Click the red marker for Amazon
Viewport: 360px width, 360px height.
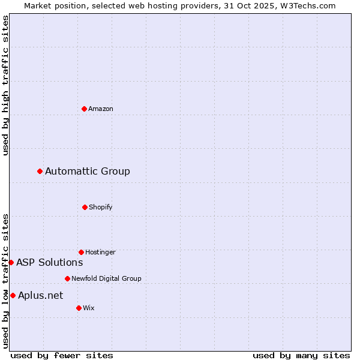(84, 109)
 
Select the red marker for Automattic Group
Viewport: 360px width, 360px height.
(40, 172)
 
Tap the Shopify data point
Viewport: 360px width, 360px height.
(85, 207)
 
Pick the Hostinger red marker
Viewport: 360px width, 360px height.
(81, 252)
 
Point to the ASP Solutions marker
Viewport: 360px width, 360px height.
(11, 262)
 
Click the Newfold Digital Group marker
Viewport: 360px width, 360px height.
(67, 278)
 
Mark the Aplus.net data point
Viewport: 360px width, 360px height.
(13, 295)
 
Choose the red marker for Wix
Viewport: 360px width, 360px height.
(79, 308)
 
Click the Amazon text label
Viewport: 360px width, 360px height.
(101, 109)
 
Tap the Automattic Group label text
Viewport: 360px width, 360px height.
(88, 172)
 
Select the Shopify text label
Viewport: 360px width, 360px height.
(101, 207)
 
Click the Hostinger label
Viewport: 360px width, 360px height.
(100, 252)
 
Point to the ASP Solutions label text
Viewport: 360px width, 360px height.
(50, 262)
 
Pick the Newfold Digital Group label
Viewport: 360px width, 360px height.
(106, 278)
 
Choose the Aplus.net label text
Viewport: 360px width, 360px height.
(41, 295)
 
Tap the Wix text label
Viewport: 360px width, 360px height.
(89, 308)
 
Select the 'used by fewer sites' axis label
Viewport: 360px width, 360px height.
(62, 355)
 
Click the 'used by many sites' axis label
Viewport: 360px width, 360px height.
(301, 355)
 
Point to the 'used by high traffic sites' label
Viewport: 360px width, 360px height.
(5, 86)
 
